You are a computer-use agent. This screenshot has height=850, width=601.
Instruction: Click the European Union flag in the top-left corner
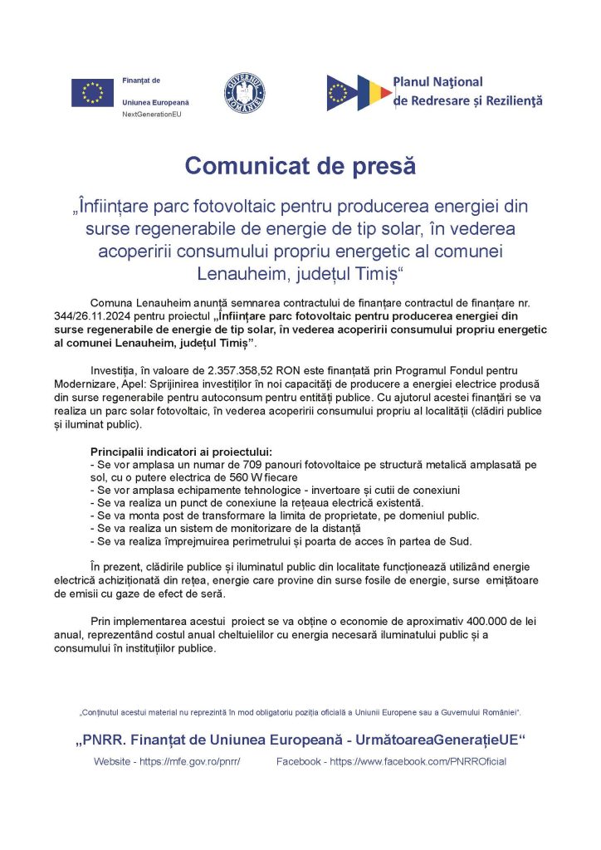click(92, 92)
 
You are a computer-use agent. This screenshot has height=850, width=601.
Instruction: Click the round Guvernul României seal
click(246, 91)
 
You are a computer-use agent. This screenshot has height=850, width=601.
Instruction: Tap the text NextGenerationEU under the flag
click(151, 113)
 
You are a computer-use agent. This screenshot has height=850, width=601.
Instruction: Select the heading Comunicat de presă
click(300, 165)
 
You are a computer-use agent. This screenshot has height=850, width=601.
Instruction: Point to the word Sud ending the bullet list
click(483, 542)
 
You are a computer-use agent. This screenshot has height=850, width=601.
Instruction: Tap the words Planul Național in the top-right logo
click(437, 82)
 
